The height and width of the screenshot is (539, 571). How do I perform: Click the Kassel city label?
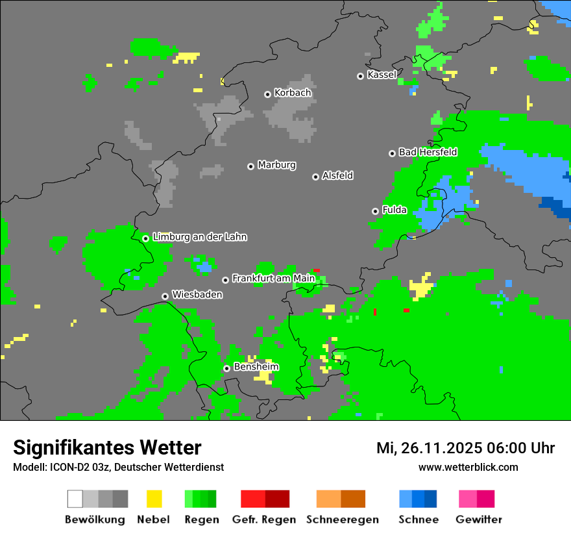pos(382,75)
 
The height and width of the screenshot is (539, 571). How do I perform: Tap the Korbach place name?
pos(293,93)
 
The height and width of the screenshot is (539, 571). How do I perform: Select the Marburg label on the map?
pos(276,165)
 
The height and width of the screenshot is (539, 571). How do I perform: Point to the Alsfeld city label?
pos(337,175)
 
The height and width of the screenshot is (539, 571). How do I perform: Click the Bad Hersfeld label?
pos(428,152)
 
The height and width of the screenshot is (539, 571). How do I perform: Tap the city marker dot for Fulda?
pos(375,211)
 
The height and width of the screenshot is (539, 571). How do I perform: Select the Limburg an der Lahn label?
pos(199,237)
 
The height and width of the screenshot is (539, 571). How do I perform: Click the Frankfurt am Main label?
pos(273,279)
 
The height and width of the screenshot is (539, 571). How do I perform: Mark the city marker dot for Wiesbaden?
pos(165,296)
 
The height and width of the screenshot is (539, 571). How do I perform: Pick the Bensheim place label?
pos(256,367)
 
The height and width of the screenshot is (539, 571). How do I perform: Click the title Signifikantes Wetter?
pos(107,447)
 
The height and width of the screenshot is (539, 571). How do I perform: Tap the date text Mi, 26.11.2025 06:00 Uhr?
pos(465,448)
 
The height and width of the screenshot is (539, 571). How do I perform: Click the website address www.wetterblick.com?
pos(468,467)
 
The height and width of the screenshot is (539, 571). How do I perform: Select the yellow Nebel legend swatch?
pos(154,499)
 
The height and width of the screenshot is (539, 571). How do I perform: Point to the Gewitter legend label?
pos(479,520)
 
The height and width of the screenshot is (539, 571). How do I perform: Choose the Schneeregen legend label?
pos(342,520)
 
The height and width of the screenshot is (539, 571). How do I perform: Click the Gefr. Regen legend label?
pos(264,520)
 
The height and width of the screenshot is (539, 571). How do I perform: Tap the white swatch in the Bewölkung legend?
pos(75,499)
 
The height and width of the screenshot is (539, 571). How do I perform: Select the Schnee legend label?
pos(419,520)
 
